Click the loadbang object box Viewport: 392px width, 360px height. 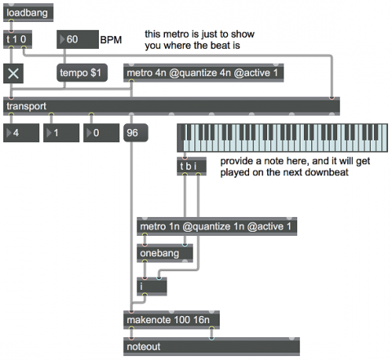tap(29, 12)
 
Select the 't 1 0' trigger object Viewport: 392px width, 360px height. tap(18, 39)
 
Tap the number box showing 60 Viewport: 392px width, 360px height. tap(78, 39)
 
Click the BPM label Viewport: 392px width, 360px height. tap(111, 40)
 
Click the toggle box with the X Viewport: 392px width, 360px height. tap(13, 73)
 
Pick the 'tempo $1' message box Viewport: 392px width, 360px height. tap(82, 73)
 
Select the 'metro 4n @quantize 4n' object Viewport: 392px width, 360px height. tap(203, 73)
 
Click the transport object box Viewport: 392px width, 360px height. tap(171, 106)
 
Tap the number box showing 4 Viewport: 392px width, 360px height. tap(21, 133)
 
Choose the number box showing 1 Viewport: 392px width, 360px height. tap(61, 133)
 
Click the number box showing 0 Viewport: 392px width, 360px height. tap(101, 133)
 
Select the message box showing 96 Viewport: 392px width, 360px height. tap(136, 133)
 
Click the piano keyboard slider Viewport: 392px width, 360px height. tap(283, 138)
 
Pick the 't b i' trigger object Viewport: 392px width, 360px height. tap(192, 166)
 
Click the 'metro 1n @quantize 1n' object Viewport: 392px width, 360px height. tap(217, 226)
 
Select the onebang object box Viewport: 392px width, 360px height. tap(165, 253)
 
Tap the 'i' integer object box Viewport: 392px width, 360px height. tap(152, 287)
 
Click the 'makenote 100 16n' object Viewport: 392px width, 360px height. tap(171, 320)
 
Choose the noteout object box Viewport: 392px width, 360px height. tap(212, 346)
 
